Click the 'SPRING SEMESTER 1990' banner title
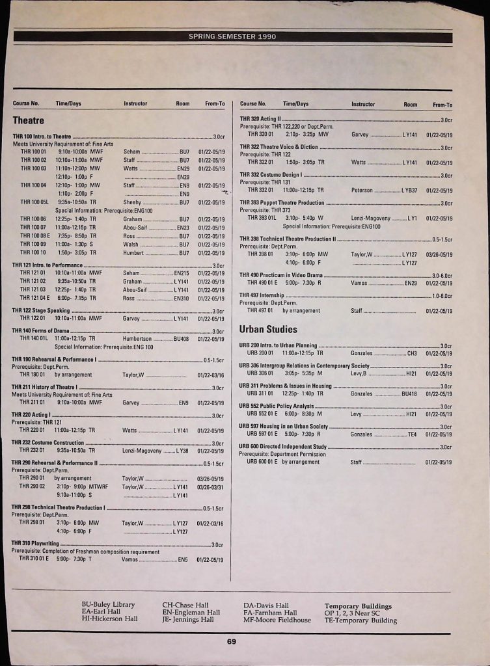232,36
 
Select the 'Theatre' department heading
28,120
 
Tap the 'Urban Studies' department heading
268,329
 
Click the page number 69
232,642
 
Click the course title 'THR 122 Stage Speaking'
40,311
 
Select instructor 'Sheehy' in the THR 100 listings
132,203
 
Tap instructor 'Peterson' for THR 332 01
362,191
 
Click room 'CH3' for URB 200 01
411,353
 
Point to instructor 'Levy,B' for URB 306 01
359,374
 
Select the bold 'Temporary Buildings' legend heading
358,606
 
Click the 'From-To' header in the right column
442,104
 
